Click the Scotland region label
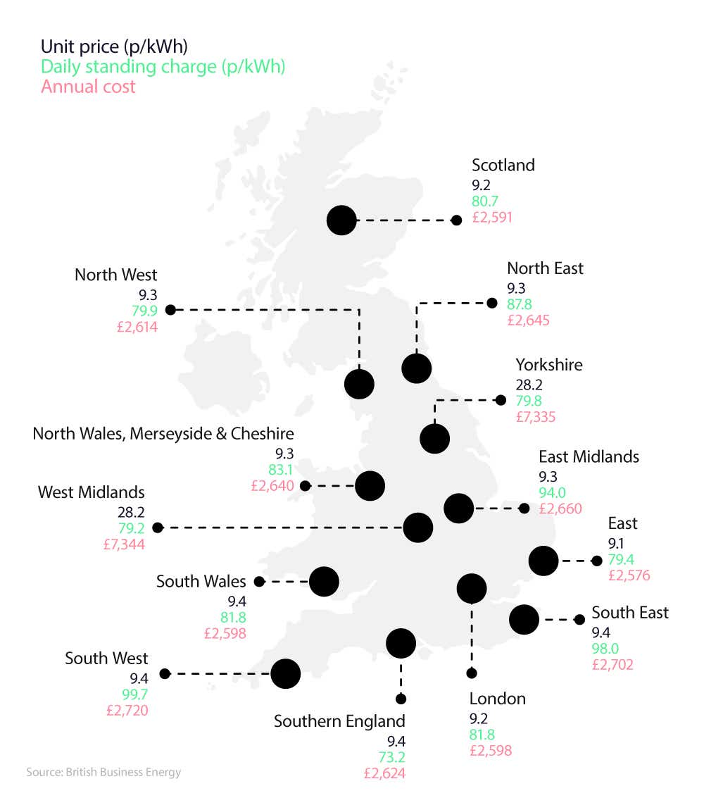(x=503, y=165)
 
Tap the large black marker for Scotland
(x=341, y=220)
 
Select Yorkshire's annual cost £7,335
(x=535, y=417)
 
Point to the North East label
(x=545, y=268)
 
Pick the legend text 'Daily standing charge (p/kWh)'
(x=163, y=67)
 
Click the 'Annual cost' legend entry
(x=88, y=87)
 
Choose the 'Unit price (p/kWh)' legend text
(x=114, y=46)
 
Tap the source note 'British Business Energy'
(x=103, y=772)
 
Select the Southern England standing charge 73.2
(x=391, y=757)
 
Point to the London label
(x=498, y=699)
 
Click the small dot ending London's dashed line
(x=472, y=673)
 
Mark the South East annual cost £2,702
(x=612, y=664)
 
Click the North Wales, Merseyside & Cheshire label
(x=163, y=433)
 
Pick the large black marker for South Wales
(x=324, y=582)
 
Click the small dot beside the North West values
(x=170, y=309)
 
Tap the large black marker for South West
(x=286, y=673)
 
